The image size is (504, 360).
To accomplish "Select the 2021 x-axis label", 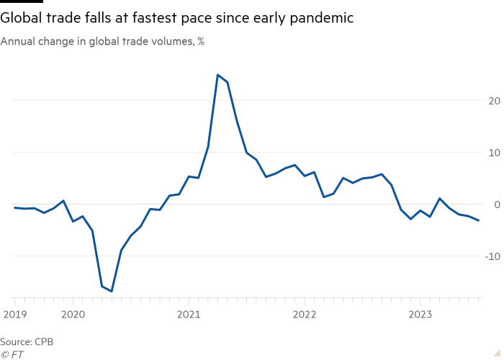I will [188, 314].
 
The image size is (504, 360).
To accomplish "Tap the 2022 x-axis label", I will [304, 314].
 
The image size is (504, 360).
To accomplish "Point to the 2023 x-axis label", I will [420, 314].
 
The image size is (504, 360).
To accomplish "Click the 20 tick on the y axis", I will [494, 101].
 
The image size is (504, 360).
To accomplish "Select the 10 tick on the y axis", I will [494, 153].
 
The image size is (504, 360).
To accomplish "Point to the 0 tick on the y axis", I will [496, 204].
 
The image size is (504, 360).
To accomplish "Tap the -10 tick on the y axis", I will [492, 256].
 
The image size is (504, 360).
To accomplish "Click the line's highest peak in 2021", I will [217, 75].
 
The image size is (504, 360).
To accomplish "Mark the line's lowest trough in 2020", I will [112, 292].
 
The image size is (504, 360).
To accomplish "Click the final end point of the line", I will [479, 220].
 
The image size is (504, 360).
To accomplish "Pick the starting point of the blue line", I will [14, 207].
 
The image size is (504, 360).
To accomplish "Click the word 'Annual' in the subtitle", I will [16, 42].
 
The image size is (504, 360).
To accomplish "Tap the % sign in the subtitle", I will [201, 42].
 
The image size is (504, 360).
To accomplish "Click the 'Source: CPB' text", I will [27, 341].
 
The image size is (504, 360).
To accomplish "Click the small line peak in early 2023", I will [440, 198].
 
